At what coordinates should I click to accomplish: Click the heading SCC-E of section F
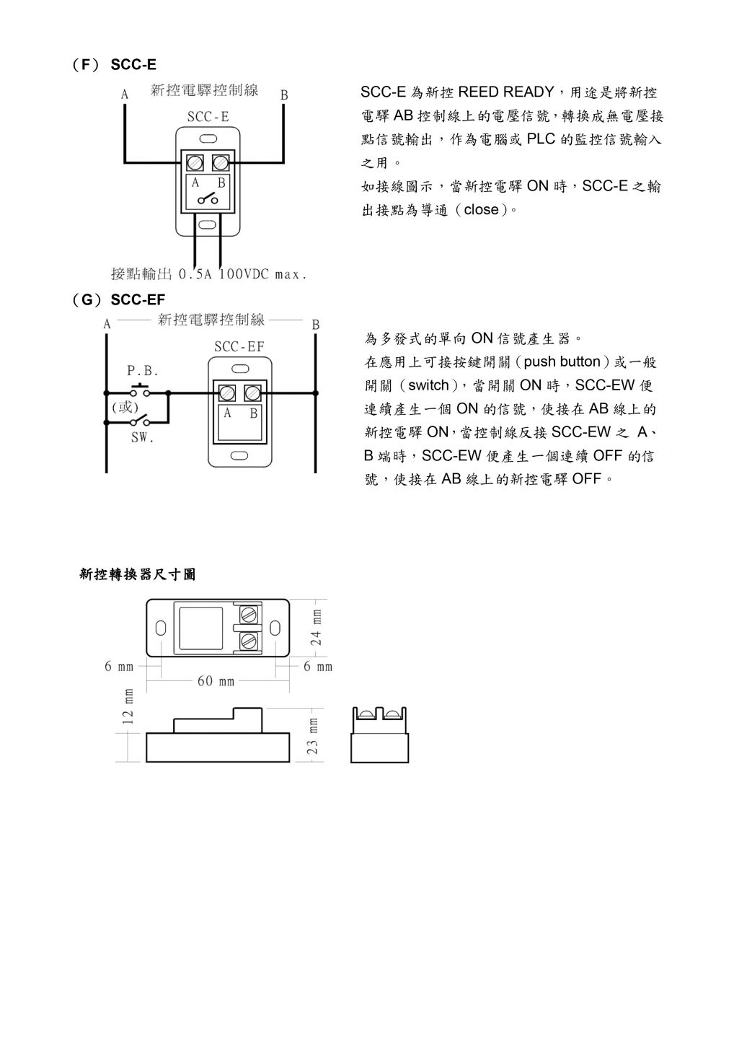coord(133,64)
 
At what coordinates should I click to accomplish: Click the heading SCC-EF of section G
coord(138,299)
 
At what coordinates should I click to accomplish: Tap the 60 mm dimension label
coord(216,681)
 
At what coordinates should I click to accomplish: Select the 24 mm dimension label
coord(316,628)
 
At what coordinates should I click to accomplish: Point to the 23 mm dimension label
coord(313,736)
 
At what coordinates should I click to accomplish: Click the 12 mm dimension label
coord(128,706)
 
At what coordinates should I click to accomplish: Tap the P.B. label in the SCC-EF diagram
coord(143,371)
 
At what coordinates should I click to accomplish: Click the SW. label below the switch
coord(142,437)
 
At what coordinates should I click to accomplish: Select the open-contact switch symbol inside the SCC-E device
coord(208,198)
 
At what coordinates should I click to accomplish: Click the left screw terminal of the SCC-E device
coord(195,163)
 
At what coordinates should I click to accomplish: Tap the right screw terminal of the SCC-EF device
coord(252,393)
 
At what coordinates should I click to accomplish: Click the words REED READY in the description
coord(505,92)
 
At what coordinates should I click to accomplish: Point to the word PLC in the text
coord(541,139)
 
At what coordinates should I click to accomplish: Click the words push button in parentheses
coord(562,361)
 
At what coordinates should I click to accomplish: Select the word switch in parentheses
coord(428,385)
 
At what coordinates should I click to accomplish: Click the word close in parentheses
coord(482,210)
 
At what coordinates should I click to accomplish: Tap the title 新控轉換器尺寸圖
coord(137,574)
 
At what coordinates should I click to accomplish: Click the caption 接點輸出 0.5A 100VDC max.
coord(208,274)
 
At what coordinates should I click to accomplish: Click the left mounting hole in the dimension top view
coord(160,628)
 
